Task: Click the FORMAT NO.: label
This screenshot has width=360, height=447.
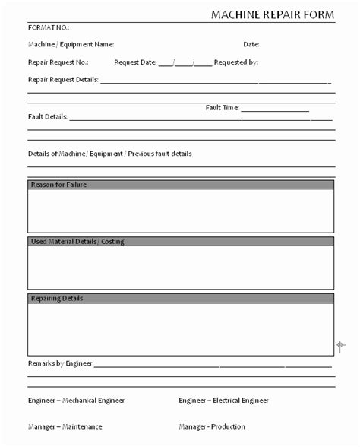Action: (49, 27)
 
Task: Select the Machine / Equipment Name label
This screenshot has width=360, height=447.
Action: (71, 44)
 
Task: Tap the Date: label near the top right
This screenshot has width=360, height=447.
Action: (251, 44)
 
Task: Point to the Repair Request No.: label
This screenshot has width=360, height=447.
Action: (58, 62)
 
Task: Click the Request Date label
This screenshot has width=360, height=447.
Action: (135, 62)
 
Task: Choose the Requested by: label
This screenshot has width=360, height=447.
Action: (236, 62)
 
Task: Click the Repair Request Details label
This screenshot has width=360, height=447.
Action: (63, 79)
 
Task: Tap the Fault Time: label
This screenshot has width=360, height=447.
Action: (223, 108)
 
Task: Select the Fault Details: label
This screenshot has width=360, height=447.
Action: (48, 117)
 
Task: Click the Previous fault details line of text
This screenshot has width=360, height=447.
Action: (110, 154)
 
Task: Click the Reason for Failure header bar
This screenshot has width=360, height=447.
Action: (181, 185)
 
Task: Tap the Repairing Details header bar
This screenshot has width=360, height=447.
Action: (181, 298)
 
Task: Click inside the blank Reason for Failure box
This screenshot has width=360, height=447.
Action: (181, 211)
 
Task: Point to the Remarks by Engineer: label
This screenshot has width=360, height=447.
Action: (61, 363)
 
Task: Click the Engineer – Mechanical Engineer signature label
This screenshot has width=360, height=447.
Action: (76, 400)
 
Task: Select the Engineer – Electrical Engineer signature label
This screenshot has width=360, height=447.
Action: (223, 400)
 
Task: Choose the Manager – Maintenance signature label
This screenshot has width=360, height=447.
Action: (65, 426)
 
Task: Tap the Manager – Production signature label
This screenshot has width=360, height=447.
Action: (212, 426)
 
